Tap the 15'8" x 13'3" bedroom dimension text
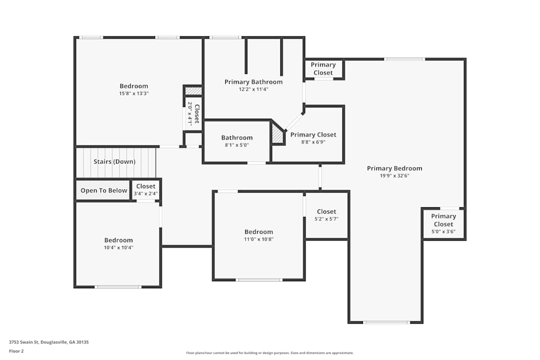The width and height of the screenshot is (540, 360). (133, 93)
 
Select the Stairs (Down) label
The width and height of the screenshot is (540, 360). (114, 161)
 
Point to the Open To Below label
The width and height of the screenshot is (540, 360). (104, 191)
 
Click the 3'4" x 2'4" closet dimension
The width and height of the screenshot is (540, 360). (146, 194)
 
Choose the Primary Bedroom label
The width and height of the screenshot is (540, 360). (394, 168)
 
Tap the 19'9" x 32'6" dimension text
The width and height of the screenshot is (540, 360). (394, 176)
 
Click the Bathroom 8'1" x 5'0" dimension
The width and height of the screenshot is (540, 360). (237, 145)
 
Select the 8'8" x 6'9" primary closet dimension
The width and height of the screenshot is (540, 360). (313, 142)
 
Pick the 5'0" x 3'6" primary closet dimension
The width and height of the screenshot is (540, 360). (443, 232)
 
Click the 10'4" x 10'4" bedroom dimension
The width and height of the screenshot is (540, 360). (118, 248)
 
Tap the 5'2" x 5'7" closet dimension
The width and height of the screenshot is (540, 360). (326, 219)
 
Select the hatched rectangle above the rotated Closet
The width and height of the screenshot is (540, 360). (193, 91)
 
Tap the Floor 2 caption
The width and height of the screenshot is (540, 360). (16, 351)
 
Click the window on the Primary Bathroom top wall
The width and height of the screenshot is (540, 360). (225, 37)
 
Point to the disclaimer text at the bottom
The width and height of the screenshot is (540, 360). (270, 353)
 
